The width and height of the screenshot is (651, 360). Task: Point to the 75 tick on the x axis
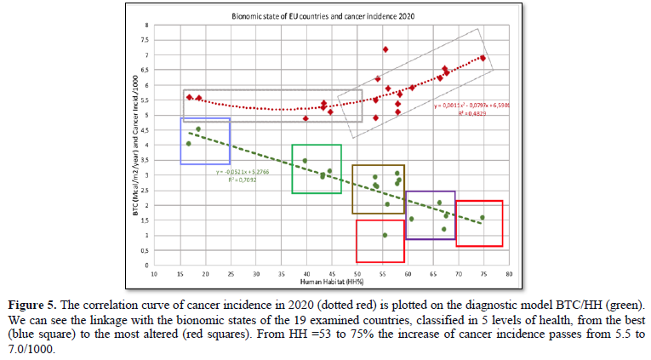(x=483, y=274)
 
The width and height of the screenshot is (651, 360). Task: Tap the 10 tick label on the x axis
(x=154, y=274)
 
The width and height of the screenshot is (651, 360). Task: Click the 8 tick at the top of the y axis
(x=145, y=26)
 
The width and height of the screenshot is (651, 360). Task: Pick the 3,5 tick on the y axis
(x=144, y=160)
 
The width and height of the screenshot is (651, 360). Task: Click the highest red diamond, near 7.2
(x=385, y=49)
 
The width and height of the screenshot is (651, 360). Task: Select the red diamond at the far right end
(x=483, y=58)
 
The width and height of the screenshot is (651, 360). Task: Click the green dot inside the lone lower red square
(x=385, y=235)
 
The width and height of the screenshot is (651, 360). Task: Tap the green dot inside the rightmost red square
(x=483, y=218)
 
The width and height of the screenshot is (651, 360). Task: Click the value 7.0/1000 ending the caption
(x=26, y=348)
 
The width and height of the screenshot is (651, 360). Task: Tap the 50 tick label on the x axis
(x=357, y=274)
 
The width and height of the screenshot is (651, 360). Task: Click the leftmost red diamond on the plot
(x=189, y=97)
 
